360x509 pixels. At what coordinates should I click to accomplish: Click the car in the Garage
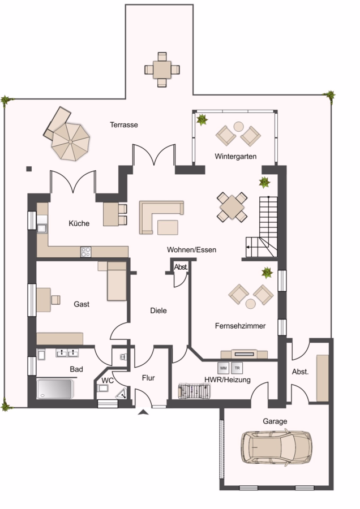click(276, 447)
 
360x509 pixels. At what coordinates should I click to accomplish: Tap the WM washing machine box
click(224, 368)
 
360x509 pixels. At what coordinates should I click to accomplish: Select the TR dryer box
click(237, 368)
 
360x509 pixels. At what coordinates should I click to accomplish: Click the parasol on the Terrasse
click(71, 141)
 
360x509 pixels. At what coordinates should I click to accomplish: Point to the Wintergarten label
click(235, 157)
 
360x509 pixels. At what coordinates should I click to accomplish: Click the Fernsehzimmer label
click(240, 326)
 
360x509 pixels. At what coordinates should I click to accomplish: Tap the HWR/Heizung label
click(228, 379)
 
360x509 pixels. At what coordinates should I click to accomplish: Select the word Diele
click(158, 310)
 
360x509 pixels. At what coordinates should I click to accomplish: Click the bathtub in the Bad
click(54, 389)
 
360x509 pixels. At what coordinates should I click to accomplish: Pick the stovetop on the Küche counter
click(86, 252)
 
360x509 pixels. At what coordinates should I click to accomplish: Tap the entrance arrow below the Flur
click(143, 412)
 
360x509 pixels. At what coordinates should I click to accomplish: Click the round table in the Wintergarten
click(239, 126)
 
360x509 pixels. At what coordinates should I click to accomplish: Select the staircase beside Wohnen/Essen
click(262, 227)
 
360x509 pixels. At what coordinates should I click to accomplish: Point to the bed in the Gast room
click(117, 281)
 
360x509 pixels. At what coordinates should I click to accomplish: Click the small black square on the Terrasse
click(29, 169)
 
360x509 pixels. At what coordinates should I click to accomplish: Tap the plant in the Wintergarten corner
click(202, 120)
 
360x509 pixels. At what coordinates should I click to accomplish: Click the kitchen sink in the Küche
click(42, 228)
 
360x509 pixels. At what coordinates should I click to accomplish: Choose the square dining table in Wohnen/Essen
click(232, 207)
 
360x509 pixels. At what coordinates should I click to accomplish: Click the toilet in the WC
click(102, 388)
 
